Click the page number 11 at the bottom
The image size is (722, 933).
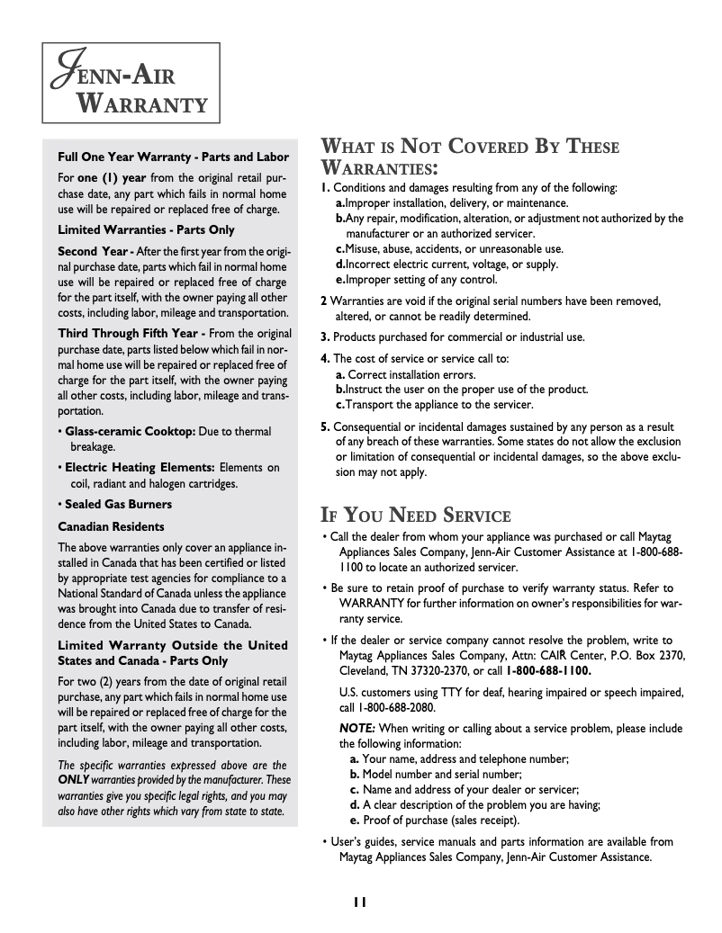pos(360,902)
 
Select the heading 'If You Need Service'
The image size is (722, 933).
pos(416,516)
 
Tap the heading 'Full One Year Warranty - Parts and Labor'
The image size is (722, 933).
pos(173,157)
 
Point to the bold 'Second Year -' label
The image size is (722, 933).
pos(95,250)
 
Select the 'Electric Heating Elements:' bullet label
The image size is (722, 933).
pos(140,467)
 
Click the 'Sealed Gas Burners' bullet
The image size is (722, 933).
pos(118,504)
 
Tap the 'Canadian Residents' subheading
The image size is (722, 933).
pos(111,526)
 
